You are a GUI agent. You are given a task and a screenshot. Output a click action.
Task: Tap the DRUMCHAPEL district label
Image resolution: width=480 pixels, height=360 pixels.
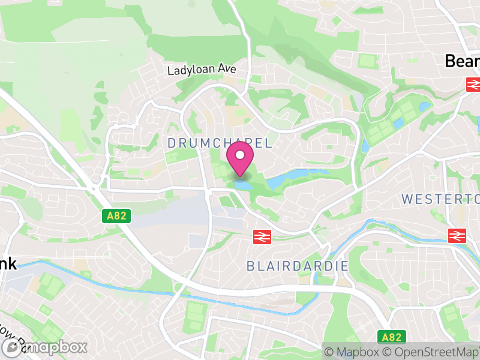[220, 143]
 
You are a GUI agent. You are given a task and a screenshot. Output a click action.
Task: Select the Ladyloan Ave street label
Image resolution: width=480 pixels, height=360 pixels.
[202, 70]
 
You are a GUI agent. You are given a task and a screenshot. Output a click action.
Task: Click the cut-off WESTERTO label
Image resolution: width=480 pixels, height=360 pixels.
[440, 199]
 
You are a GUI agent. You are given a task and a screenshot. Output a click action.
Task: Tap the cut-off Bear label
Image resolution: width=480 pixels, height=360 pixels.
[462, 61]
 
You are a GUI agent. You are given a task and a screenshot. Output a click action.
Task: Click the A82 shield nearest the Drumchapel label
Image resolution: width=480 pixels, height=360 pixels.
[116, 216]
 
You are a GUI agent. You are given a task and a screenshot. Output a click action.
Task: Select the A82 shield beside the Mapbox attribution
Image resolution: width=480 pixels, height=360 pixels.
[393, 337]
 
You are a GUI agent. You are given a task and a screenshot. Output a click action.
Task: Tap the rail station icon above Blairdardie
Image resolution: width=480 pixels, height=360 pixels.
[262, 237]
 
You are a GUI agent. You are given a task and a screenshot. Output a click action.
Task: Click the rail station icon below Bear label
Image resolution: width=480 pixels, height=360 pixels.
[473, 84]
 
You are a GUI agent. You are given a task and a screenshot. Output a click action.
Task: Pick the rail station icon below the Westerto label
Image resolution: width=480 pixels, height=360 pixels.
[457, 235]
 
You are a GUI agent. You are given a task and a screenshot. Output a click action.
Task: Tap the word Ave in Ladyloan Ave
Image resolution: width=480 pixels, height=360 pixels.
[227, 70]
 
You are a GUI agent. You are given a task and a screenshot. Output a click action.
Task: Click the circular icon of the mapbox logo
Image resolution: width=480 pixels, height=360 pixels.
[11, 347]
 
